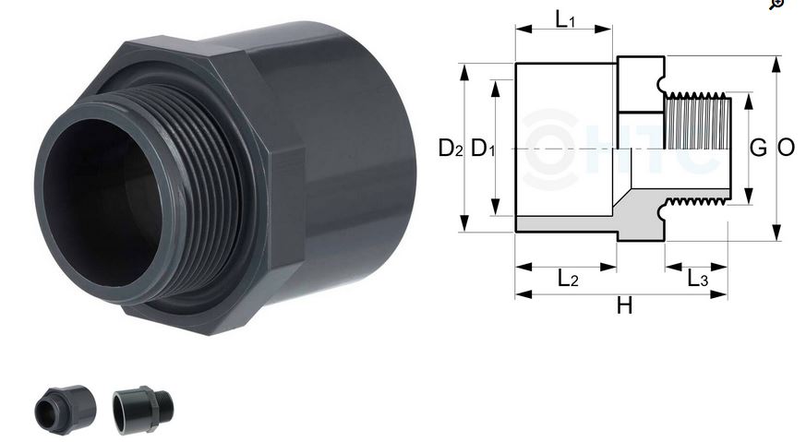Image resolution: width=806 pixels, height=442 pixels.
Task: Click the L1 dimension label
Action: (564, 18)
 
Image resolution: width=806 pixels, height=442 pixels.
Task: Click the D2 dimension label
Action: (450, 148)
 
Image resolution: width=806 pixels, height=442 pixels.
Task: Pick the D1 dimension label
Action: (483, 148)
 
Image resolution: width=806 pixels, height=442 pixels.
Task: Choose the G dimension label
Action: (758, 148)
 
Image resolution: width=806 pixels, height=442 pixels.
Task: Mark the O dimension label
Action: (787, 148)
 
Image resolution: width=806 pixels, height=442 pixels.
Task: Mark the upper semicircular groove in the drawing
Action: (664, 85)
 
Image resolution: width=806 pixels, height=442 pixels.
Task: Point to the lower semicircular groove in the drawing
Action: (664, 211)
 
